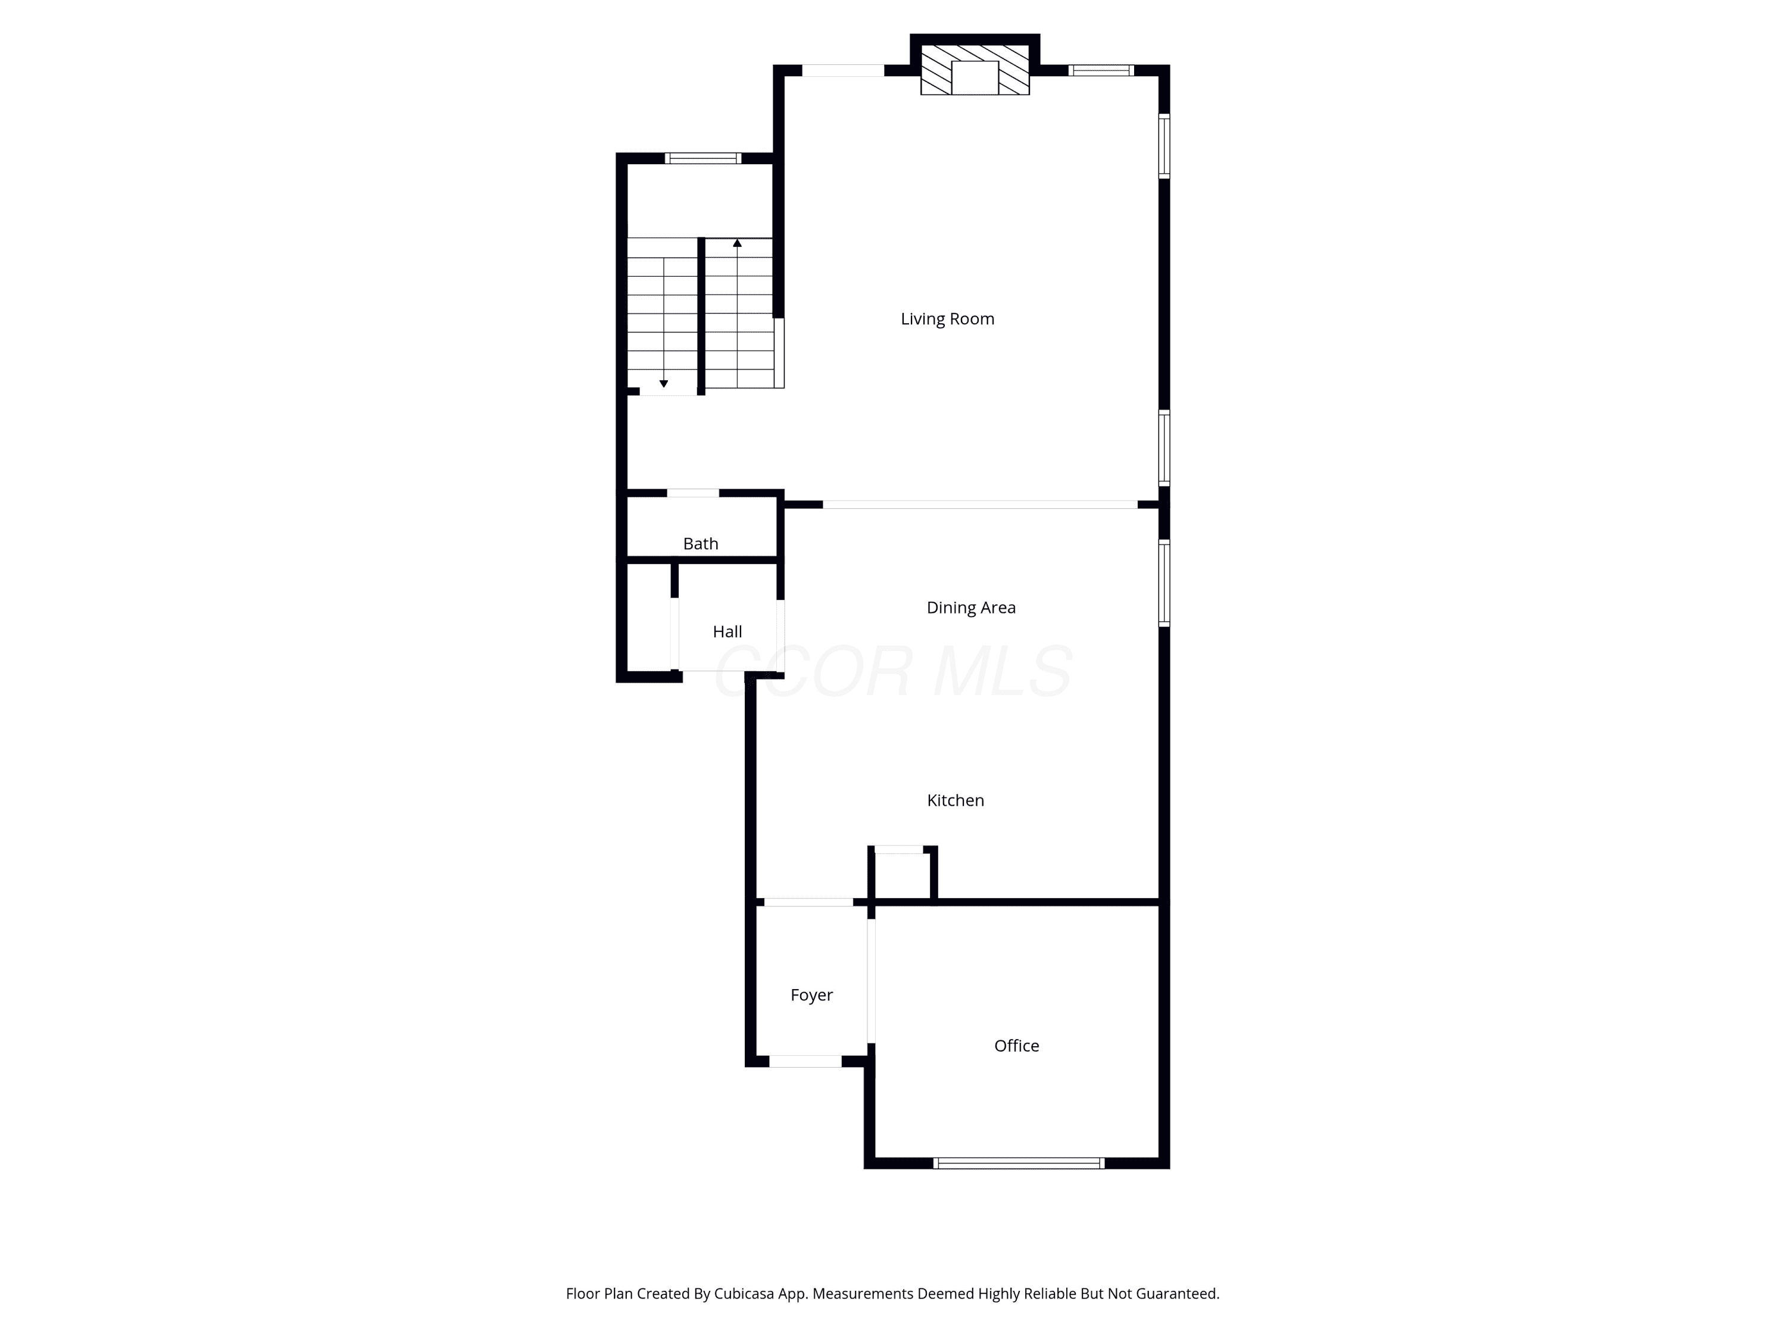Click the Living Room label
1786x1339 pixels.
(x=947, y=319)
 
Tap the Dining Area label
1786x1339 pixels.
(x=970, y=608)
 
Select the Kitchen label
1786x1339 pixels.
(x=955, y=800)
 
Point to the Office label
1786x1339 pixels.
(x=1017, y=1046)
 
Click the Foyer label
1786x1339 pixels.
(x=811, y=995)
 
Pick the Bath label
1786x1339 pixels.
(x=700, y=544)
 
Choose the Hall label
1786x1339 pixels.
(x=727, y=632)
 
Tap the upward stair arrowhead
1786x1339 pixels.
(x=737, y=242)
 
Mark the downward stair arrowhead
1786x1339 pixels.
(x=664, y=383)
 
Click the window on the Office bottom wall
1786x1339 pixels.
(x=1019, y=1163)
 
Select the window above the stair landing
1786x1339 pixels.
(x=702, y=158)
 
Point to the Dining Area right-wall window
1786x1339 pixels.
(x=1164, y=583)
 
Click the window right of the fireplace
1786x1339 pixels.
(x=1101, y=70)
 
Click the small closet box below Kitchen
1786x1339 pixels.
(x=903, y=875)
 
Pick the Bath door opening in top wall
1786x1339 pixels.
(x=693, y=493)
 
